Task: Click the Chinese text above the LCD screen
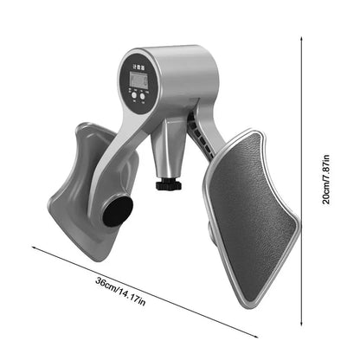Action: click(x=138, y=63)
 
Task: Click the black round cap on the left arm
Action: click(x=118, y=210)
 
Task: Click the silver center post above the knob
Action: click(x=165, y=151)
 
